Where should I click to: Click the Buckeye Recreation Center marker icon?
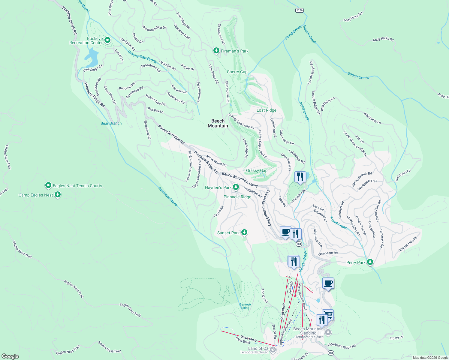click(x=107, y=40)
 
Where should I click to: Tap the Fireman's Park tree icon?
click(x=216, y=51)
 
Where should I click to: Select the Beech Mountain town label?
click(x=218, y=123)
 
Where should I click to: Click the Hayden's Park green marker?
click(x=236, y=187)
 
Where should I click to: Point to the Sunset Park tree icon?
click(x=244, y=232)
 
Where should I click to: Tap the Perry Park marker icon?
click(x=370, y=262)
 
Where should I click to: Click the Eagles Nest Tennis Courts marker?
click(x=48, y=186)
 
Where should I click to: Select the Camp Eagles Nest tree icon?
click(x=58, y=195)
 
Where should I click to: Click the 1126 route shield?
click(x=299, y=10)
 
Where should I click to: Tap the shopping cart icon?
click(x=328, y=315)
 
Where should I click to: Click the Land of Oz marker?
click(x=273, y=349)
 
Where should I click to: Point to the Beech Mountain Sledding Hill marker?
click(x=328, y=332)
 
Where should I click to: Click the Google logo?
click(x=10, y=356)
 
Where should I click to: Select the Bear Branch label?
click(x=111, y=123)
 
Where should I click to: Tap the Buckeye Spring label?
click(x=245, y=306)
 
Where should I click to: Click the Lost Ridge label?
click(x=266, y=110)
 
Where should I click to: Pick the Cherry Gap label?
click(x=237, y=72)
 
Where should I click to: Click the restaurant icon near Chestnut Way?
click(x=300, y=177)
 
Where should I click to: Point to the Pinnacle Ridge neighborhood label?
click(x=237, y=197)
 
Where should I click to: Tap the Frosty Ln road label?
click(x=396, y=338)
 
